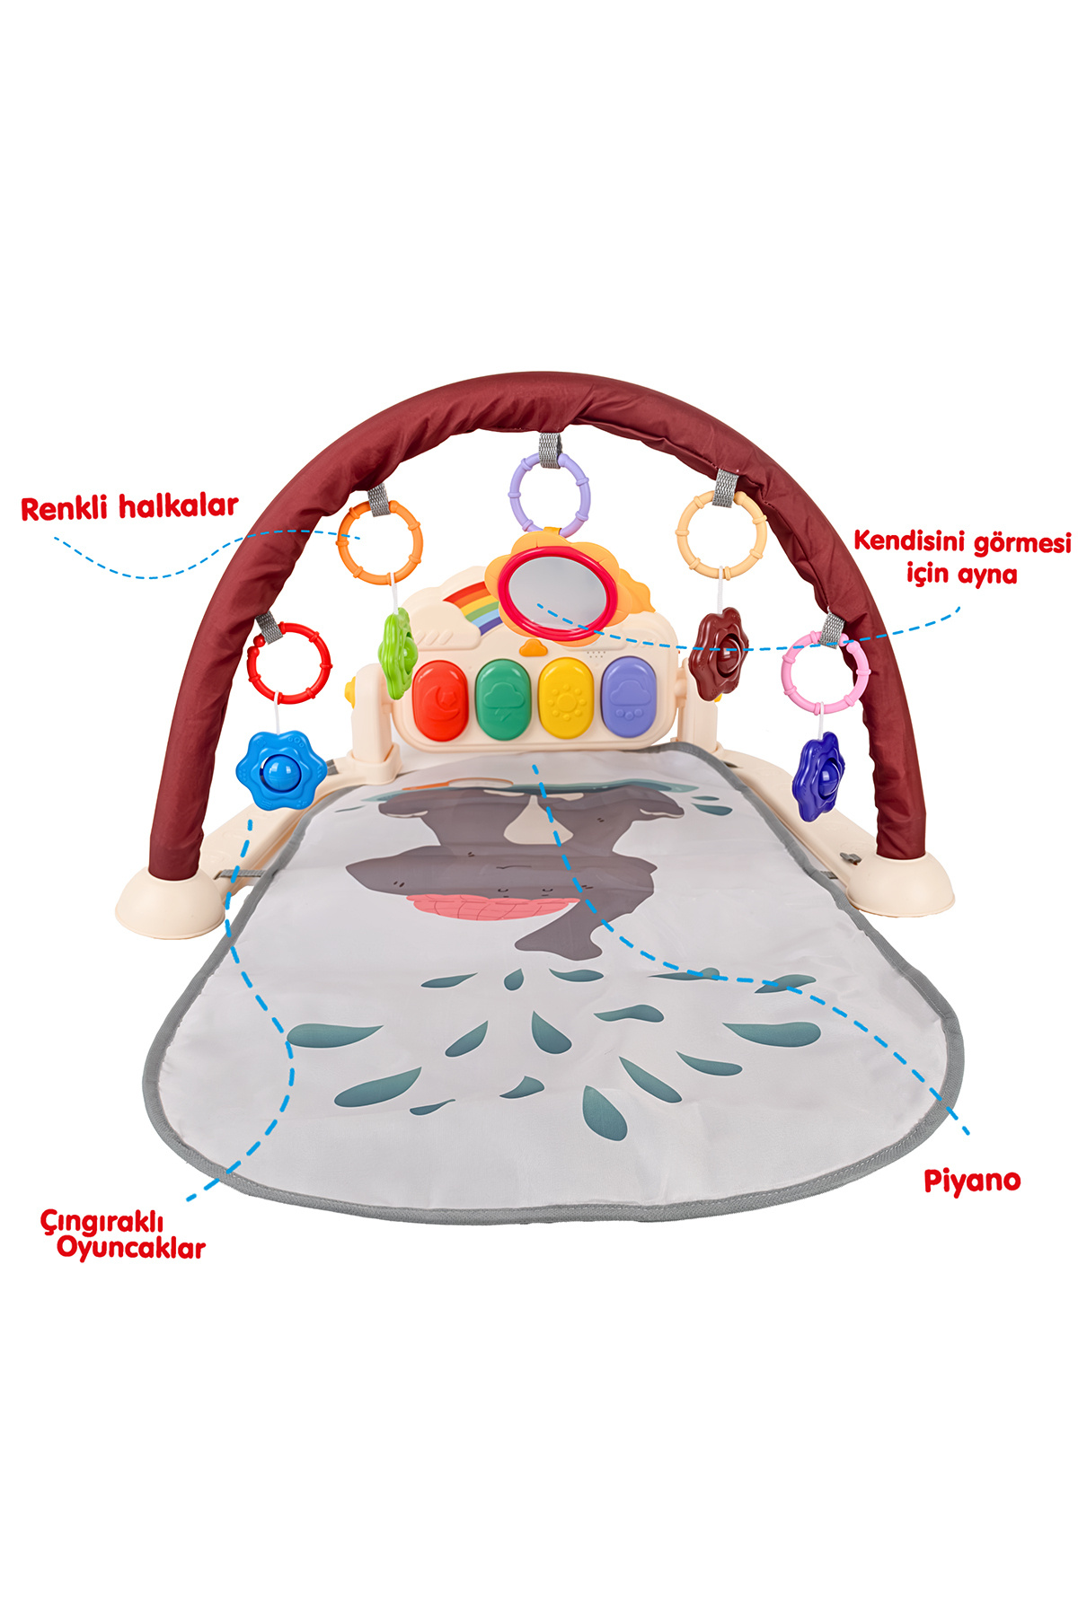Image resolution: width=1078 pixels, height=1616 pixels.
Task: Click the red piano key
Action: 440,700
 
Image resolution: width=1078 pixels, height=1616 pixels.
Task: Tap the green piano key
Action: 503,699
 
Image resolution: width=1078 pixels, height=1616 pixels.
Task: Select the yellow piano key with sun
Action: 566,698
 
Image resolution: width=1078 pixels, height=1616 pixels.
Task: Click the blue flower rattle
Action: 281,770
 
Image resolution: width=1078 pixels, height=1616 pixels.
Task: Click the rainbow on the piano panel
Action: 469,608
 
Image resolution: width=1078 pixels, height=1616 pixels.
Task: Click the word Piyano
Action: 972,1181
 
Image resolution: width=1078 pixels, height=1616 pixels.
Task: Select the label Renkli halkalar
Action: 129,507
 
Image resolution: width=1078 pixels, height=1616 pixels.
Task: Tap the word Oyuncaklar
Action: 131,1249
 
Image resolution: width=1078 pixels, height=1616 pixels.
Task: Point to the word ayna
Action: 987,574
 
